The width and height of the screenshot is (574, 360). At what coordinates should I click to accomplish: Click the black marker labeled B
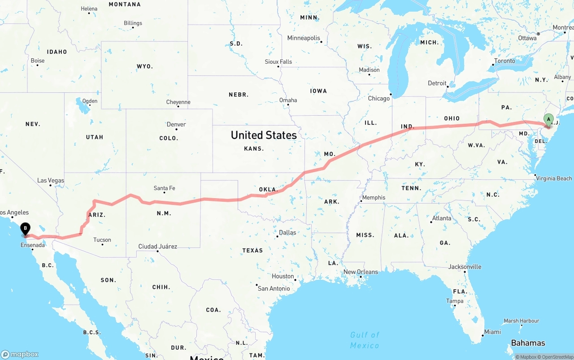26,229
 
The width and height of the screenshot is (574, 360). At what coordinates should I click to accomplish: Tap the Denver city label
176,124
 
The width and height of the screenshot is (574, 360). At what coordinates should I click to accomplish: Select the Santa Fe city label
164,188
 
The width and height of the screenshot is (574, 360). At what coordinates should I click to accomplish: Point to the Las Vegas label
51,180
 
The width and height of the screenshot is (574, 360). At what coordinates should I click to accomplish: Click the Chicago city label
379,98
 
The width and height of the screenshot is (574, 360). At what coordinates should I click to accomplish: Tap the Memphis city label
374,197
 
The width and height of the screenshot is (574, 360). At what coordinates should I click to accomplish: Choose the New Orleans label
361,272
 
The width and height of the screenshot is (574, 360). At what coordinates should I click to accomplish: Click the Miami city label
492,332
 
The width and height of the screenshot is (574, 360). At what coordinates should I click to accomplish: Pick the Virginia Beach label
554,178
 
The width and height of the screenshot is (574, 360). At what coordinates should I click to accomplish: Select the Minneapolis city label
304,38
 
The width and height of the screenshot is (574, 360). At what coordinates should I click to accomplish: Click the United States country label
264,135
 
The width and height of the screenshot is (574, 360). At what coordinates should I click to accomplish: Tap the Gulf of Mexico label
365,340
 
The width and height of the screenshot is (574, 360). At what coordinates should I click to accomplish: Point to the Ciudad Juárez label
157,246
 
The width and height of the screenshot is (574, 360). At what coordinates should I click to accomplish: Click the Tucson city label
102,240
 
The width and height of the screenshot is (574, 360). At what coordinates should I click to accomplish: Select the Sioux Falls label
278,61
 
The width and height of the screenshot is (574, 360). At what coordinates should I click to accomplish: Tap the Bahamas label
528,343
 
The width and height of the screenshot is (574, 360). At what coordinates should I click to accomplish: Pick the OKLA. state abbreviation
269,190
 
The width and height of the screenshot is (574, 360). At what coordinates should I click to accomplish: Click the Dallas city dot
278,236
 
